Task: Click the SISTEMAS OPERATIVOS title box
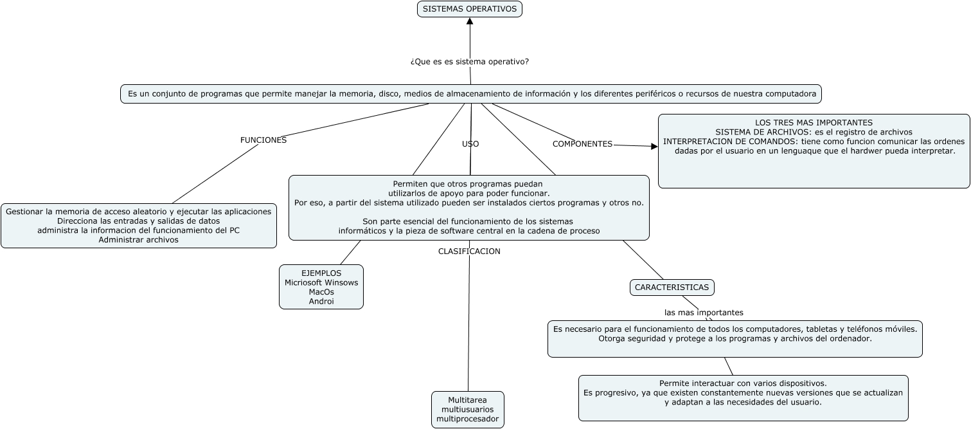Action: click(x=470, y=9)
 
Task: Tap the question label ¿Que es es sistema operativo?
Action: click(x=470, y=62)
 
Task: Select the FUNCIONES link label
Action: click(x=263, y=140)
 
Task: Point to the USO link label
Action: click(x=470, y=144)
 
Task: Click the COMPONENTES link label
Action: click(x=582, y=144)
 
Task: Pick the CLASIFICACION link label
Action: click(x=469, y=251)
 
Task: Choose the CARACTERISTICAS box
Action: click(x=672, y=288)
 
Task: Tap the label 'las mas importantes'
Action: click(x=704, y=313)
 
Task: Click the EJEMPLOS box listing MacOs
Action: click(x=321, y=287)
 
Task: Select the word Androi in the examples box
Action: click(x=321, y=301)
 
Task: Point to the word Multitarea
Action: click(x=467, y=400)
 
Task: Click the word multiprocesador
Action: click(x=467, y=419)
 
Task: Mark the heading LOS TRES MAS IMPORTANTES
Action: click(x=814, y=122)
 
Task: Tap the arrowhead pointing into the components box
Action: click(x=654, y=147)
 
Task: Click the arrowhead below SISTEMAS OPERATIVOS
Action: click(x=470, y=22)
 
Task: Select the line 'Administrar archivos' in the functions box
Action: click(x=139, y=239)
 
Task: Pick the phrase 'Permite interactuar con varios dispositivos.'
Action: click(x=743, y=383)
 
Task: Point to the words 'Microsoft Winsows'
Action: click(x=321, y=282)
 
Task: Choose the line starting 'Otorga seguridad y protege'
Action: click(x=735, y=338)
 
